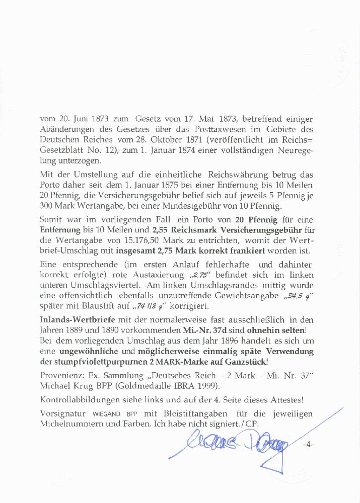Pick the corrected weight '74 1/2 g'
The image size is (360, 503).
[151, 305]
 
